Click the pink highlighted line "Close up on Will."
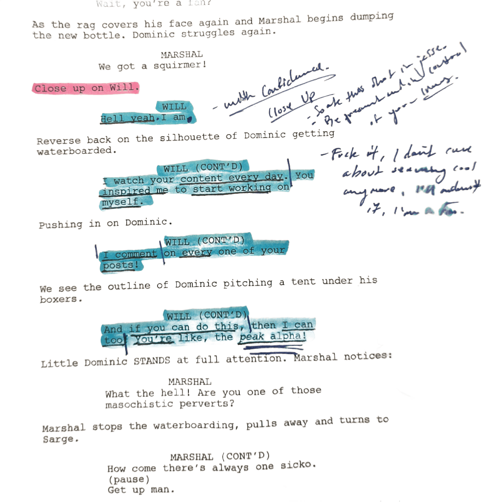87,89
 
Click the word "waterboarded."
76,151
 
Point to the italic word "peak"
251,337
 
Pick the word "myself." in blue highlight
121,202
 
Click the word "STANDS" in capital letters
152,361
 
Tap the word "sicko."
298,466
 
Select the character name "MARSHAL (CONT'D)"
220,456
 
